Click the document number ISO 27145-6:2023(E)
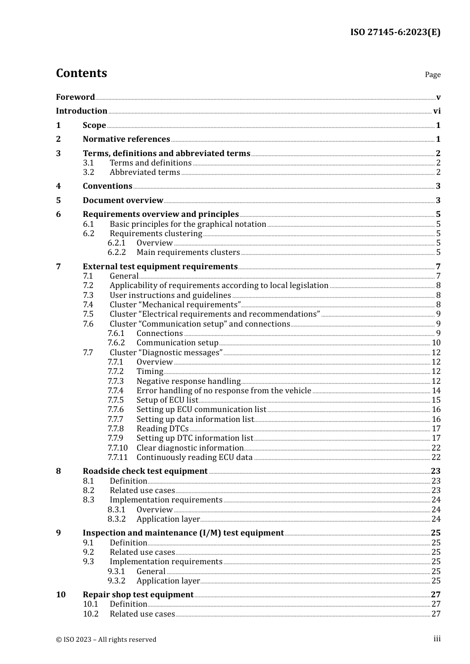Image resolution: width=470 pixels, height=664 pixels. [x=395, y=33]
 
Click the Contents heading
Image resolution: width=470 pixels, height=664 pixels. [x=81, y=73]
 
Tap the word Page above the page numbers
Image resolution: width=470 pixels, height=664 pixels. [x=432, y=75]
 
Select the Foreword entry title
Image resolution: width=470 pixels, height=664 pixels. [x=75, y=97]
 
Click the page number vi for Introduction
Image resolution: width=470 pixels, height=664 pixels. [x=437, y=111]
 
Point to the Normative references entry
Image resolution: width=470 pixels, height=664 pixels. [x=126, y=139]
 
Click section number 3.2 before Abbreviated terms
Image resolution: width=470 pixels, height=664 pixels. [x=89, y=172]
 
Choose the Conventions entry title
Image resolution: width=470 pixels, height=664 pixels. [x=107, y=186]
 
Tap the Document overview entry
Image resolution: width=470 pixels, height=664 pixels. [x=123, y=201]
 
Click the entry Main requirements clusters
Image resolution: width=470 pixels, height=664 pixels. [x=188, y=252]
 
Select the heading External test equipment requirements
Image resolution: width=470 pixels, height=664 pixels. [x=160, y=267]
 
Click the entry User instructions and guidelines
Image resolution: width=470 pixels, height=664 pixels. [x=170, y=295]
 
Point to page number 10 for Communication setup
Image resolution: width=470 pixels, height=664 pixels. [x=436, y=343]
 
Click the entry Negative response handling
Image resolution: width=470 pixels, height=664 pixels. [x=188, y=381]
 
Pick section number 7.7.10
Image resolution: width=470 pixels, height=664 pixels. [x=117, y=448]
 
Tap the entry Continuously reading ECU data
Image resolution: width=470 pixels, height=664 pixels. [x=194, y=457]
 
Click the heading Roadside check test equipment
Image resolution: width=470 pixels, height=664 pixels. [x=145, y=471]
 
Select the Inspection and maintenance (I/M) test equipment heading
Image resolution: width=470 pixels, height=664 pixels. [x=183, y=533]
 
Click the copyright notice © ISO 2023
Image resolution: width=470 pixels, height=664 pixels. [x=106, y=639]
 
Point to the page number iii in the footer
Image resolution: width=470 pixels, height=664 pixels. [x=437, y=639]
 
